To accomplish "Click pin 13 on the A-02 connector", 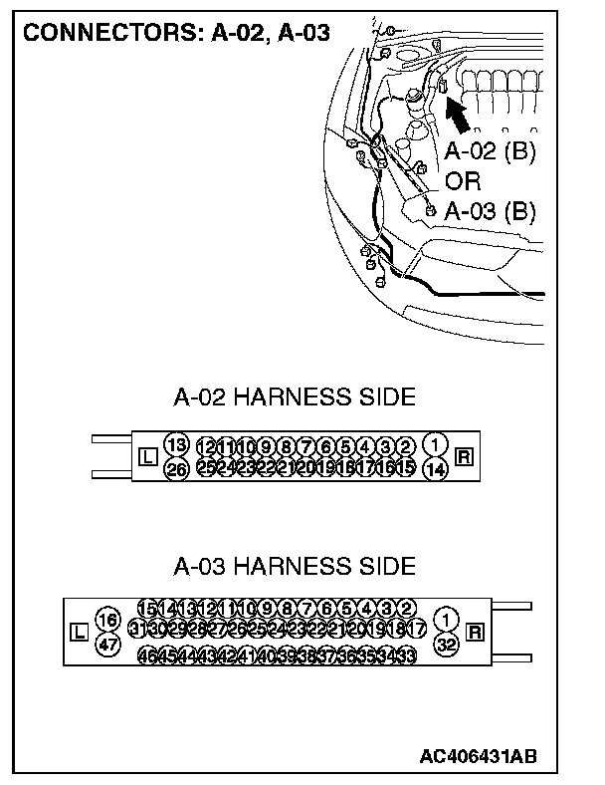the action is (x=176, y=444).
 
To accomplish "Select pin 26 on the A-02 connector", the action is (x=176, y=468).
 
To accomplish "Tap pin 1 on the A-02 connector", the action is (x=435, y=444).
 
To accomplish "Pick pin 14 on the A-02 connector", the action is (x=435, y=468).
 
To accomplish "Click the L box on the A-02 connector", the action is (x=147, y=457).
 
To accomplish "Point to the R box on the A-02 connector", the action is (x=464, y=457).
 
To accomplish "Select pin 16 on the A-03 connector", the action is (x=107, y=622).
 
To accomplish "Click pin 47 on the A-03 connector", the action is (x=107, y=645).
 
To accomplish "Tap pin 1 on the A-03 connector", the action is (x=447, y=620).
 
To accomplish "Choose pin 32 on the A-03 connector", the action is (x=447, y=644).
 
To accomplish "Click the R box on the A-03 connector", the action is (x=475, y=632).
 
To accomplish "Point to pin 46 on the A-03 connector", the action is (x=146, y=655).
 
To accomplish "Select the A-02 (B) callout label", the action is (x=490, y=153).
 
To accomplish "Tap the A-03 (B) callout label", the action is (x=490, y=211).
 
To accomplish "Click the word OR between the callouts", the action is (x=464, y=182).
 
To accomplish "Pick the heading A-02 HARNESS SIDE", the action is (x=295, y=398).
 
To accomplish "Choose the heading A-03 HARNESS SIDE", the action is (x=295, y=567).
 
